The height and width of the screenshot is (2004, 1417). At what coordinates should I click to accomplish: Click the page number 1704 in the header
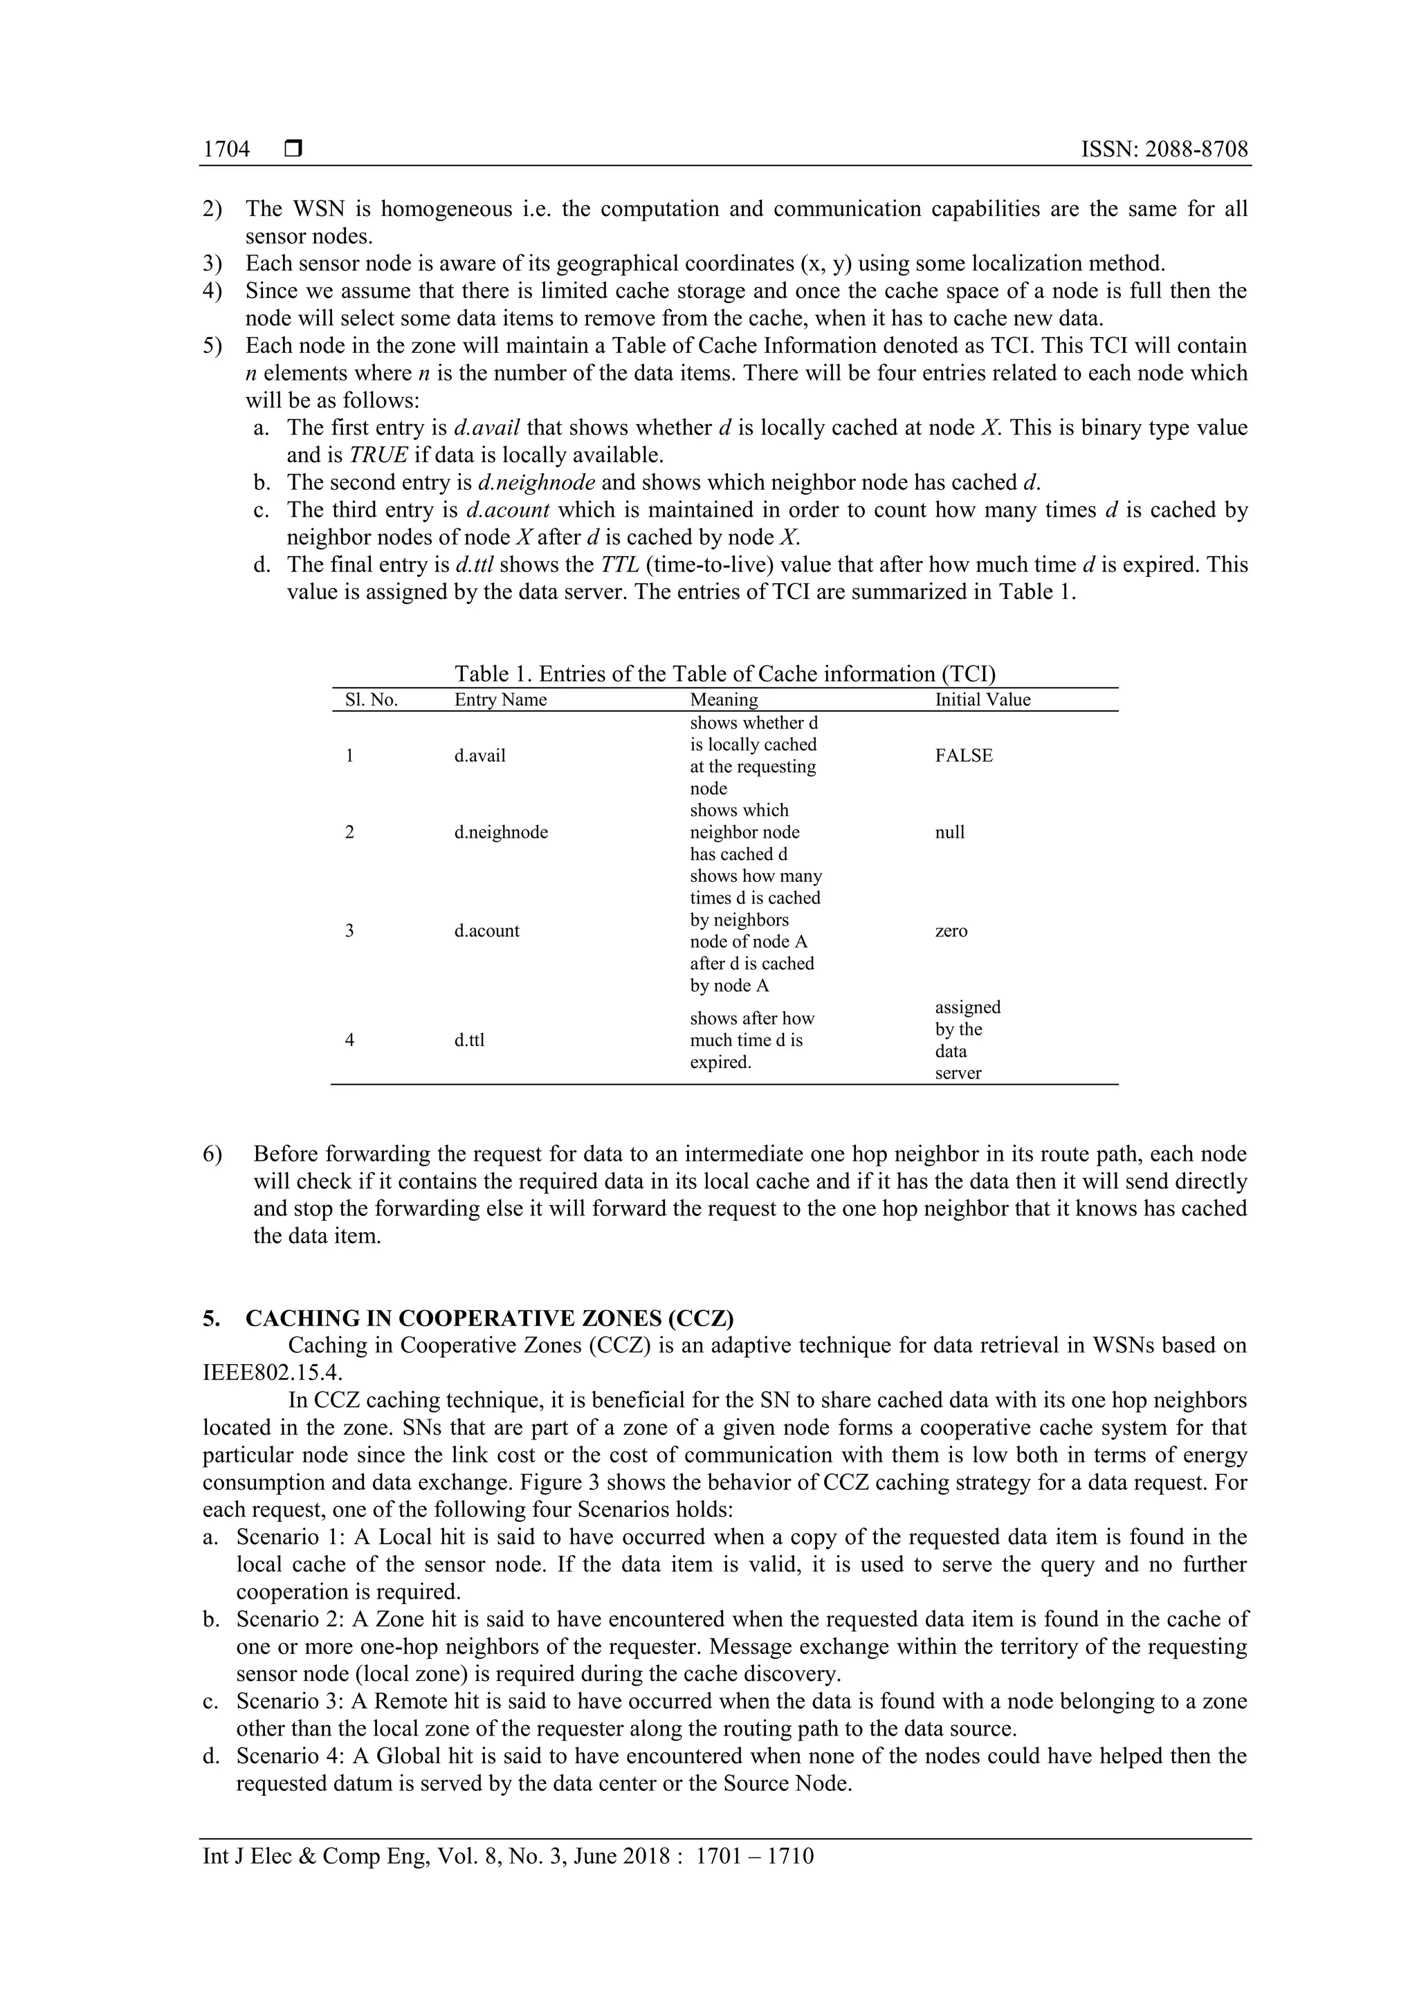pos(226,149)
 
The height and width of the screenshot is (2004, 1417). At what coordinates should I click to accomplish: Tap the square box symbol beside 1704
pos(293,149)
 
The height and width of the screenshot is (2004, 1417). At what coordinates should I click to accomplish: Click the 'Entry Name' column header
pos(500,699)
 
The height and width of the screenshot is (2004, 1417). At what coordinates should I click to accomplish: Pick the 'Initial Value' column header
pos(982,699)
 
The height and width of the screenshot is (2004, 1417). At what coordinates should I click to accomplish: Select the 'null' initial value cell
pos(950,831)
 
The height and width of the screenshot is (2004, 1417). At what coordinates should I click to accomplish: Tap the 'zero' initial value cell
pos(951,930)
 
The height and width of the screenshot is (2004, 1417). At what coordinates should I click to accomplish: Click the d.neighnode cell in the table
pos(501,831)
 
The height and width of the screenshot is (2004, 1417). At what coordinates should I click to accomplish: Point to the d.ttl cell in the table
pos(469,1040)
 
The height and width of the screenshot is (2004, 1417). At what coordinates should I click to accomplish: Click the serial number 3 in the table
pos(349,930)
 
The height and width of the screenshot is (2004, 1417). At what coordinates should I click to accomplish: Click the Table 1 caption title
pos(724,673)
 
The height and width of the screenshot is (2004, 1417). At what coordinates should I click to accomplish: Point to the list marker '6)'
pos(212,1154)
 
